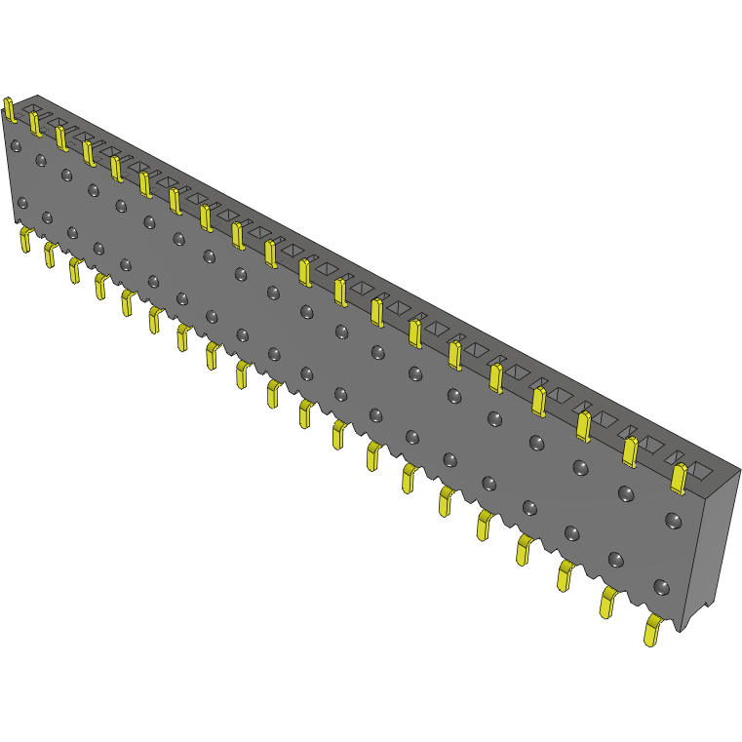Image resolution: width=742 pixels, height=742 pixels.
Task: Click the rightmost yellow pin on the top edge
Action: [680, 477]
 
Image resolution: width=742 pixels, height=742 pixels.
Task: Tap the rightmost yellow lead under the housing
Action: [652, 631]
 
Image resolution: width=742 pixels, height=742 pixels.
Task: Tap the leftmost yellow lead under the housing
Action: [25, 240]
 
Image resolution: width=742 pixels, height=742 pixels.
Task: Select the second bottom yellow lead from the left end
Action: [49, 254]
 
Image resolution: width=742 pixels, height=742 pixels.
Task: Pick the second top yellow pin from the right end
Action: [630, 449]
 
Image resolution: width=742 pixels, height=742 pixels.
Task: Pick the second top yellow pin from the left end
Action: [34, 123]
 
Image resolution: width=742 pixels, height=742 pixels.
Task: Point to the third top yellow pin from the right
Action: [583, 425]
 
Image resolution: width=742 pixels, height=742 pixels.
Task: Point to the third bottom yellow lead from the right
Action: [566, 574]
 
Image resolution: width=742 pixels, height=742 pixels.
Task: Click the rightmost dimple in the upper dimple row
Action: [672, 520]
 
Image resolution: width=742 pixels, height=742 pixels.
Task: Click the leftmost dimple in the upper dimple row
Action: [15, 146]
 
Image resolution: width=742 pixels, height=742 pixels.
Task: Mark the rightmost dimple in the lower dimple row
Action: [661, 587]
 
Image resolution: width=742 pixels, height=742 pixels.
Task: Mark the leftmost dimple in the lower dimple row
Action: [22, 203]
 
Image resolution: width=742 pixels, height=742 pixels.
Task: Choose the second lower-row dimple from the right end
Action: [615, 559]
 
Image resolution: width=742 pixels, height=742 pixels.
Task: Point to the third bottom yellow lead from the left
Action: [74, 270]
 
